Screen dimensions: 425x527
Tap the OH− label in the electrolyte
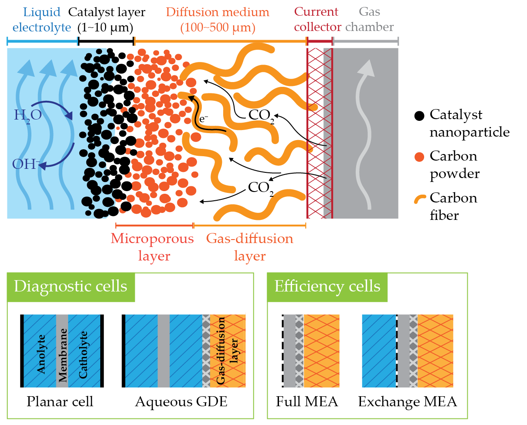click(x=26, y=165)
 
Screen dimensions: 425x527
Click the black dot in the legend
click(x=419, y=116)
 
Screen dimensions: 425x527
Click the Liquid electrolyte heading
click(x=42, y=20)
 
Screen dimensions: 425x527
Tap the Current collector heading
click(x=317, y=19)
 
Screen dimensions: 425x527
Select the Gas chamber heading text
click(x=370, y=19)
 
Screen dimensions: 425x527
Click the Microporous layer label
click(x=152, y=247)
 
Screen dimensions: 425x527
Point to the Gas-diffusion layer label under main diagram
click(x=250, y=247)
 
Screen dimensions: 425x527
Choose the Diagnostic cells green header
click(x=71, y=287)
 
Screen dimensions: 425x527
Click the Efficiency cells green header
click(x=327, y=287)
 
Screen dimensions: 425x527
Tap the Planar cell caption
click(x=60, y=401)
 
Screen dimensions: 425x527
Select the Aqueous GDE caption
click(x=181, y=401)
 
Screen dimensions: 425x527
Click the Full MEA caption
click(x=307, y=401)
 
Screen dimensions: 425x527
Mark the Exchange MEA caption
click(x=408, y=401)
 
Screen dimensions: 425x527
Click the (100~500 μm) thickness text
click(x=218, y=28)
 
